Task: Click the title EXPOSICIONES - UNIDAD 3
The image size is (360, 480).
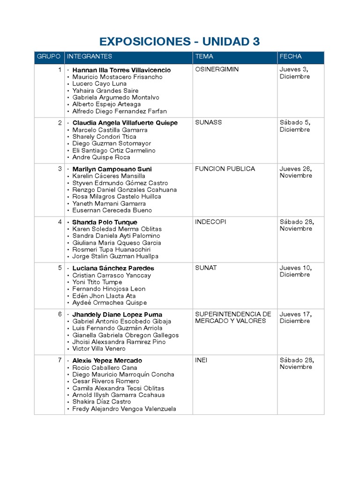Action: coord(180,42)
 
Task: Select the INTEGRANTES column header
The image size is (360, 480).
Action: coord(90,56)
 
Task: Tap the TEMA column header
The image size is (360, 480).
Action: coord(204,56)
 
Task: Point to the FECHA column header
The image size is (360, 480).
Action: coord(291,56)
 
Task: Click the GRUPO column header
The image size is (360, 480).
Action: coord(49,56)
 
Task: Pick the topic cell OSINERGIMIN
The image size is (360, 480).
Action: coord(217,69)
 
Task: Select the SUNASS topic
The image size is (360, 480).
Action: coord(208,122)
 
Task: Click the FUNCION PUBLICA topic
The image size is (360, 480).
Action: coord(225,169)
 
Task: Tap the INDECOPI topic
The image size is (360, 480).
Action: coord(210,222)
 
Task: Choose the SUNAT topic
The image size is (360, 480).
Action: coord(206,268)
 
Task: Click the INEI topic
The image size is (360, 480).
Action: coord(201,360)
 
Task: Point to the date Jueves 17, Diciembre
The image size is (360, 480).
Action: coord(295,317)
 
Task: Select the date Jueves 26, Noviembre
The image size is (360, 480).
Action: coord(296,172)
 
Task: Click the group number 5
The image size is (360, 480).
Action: coord(60,268)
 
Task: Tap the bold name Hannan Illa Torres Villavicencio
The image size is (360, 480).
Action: coord(121,70)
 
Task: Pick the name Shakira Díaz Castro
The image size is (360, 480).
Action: coord(102,402)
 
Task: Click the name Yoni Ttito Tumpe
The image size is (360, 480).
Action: coord(97,282)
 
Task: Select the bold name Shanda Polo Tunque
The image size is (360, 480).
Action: coord(105,222)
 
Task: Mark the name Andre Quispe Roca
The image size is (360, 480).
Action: coord(101,157)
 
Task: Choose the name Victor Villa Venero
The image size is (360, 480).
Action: coord(99,349)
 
